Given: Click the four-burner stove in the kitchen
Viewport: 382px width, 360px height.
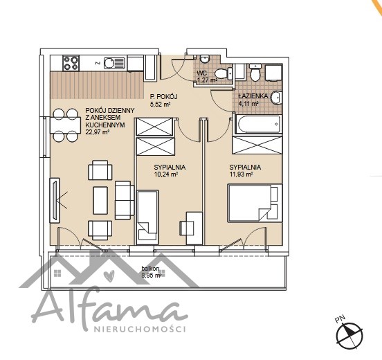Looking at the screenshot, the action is [x=71, y=64].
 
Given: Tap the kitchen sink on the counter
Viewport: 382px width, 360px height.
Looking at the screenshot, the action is [x=114, y=62].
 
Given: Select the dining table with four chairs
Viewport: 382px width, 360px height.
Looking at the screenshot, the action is [x=65, y=125].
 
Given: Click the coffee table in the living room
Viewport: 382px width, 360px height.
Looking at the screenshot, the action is [x=100, y=200].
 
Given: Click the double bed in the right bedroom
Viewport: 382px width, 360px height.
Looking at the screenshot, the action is [x=255, y=203].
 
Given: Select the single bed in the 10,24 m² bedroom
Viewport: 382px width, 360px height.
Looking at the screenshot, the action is [x=147, y=217].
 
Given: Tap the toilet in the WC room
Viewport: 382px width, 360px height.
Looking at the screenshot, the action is [x=224, y=73].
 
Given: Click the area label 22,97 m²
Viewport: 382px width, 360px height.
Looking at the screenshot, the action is [x=97, y=132].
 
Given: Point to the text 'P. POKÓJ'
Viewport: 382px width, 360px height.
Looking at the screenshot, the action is [x=163, y=96].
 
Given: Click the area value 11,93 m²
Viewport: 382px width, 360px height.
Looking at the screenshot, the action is [x=241, y=174].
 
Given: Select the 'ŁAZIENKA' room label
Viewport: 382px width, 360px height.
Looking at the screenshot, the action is [x=253, y=96].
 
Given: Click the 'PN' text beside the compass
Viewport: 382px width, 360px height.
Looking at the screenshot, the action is [x=340, y=319].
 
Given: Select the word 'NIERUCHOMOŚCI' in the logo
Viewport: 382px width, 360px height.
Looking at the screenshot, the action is [x=140, y=329].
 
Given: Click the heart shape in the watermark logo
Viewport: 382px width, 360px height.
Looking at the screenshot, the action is [x=109, y=275].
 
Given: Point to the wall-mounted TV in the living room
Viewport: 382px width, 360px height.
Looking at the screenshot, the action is [x=55, y=200].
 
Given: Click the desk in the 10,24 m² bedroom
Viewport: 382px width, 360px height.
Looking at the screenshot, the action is [x=194, y=228].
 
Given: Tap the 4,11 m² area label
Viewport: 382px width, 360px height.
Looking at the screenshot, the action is [x=248, y=104].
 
